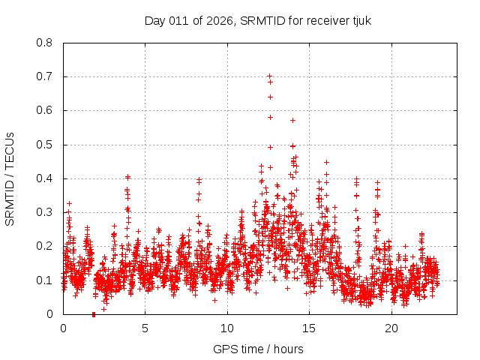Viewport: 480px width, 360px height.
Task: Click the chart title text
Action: pos(258,20)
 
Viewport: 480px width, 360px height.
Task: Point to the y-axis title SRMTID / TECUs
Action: pos(10,178)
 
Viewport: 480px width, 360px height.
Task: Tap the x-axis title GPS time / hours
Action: pos(258,349)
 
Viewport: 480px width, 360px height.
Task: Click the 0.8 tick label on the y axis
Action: pos(44,43)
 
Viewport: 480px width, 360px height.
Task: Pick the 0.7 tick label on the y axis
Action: pos(44,76)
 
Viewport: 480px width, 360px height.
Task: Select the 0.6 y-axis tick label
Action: pos(44,110)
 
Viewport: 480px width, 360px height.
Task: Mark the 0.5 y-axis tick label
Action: pos(44,145)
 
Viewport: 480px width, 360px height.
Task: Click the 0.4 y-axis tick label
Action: pos(44,178)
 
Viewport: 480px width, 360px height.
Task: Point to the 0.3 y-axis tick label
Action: pos(44,212)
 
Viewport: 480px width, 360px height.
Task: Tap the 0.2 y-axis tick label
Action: pos(44,246)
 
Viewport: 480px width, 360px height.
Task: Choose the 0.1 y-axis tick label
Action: pos(44,280)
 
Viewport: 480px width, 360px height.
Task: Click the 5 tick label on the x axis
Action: pos(145,328)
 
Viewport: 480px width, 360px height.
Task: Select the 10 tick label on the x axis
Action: pos(227,328)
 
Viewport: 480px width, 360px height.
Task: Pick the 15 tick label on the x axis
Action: pos(310,328)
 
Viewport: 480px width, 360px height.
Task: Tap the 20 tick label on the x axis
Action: pos(392,328)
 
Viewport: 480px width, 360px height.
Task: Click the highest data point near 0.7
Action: pos(269,76)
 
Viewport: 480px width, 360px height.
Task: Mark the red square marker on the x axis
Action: pos(94,313)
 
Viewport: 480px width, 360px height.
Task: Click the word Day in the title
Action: pos(155,20)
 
